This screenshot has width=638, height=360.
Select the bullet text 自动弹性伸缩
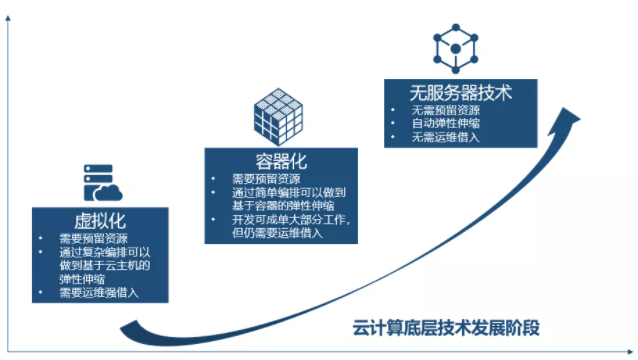(x=445, y=124)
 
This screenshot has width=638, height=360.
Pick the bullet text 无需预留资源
(x=445, y=110)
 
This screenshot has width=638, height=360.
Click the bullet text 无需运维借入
(x=445, y=138)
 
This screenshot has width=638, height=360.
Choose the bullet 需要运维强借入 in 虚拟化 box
(x=98, y=293)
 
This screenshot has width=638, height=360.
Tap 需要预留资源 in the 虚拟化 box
(x=92, y=240)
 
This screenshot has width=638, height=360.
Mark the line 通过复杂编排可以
(x=104, y=253)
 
